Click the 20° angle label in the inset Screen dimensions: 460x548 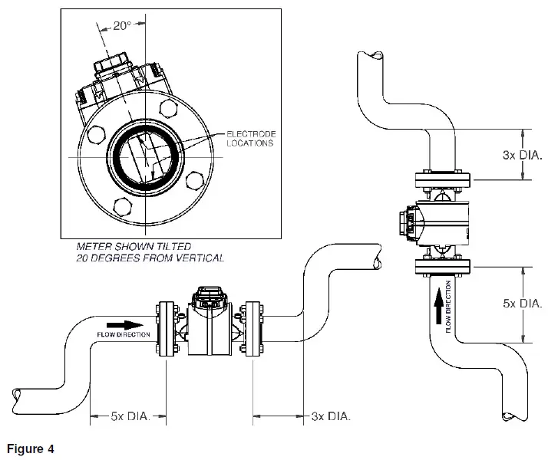122,25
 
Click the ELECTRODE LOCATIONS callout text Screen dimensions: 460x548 250,138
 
